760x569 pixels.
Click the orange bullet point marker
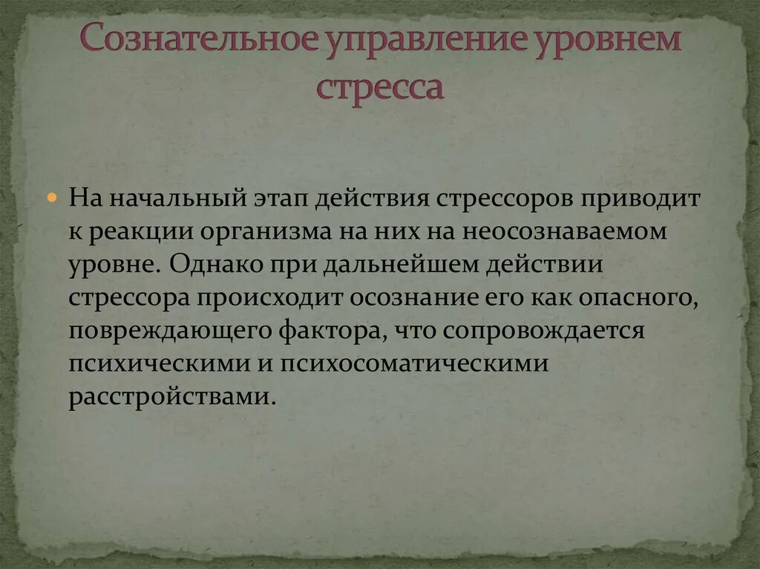point(52,199)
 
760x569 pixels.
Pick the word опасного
point(632,297)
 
